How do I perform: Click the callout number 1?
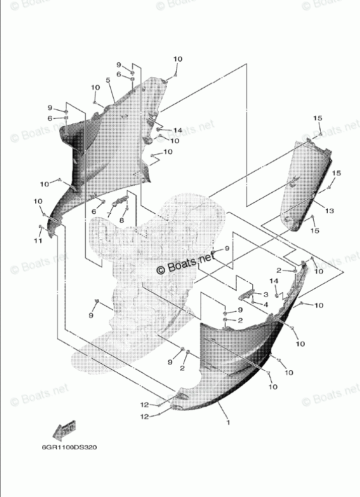pyautogui.click(x=228, y=423)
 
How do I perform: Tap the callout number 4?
pyautogui.click(x=265, y=304)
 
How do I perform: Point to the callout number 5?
pyautogui.click(x=108, y=80)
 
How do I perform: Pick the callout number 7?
pyautogui.click(x=108, y=214)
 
